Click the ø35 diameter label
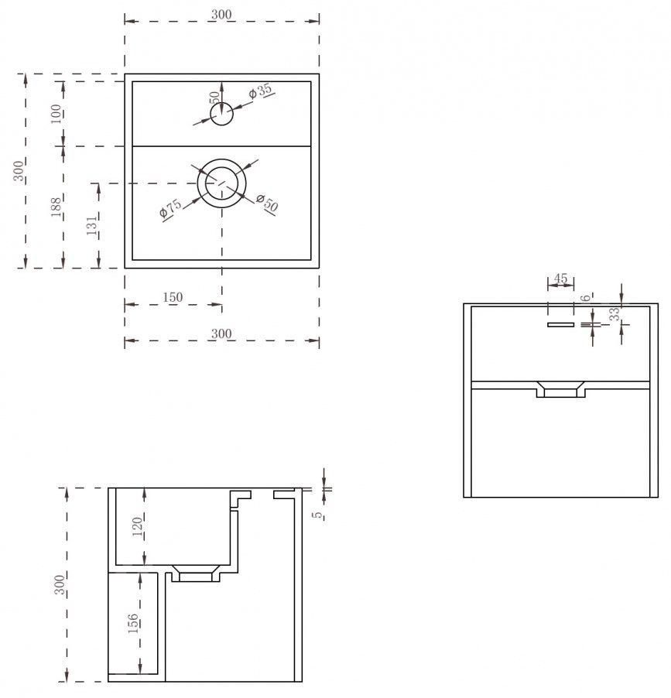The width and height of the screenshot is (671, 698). coord(261,91)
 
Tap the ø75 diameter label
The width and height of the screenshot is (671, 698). coord(170,208)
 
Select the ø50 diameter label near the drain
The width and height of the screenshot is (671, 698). coord(268,203)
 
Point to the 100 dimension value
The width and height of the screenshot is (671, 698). coord(56,114)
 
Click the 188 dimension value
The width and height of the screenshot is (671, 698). coord(56,207)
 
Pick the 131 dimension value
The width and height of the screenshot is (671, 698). coord(91,226)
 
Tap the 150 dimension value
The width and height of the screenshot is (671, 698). coord(173,297)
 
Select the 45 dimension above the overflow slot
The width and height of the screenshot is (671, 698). coord(560,279)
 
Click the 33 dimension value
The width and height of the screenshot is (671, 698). coord(615,314)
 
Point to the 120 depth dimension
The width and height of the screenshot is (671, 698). coord(137,526)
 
